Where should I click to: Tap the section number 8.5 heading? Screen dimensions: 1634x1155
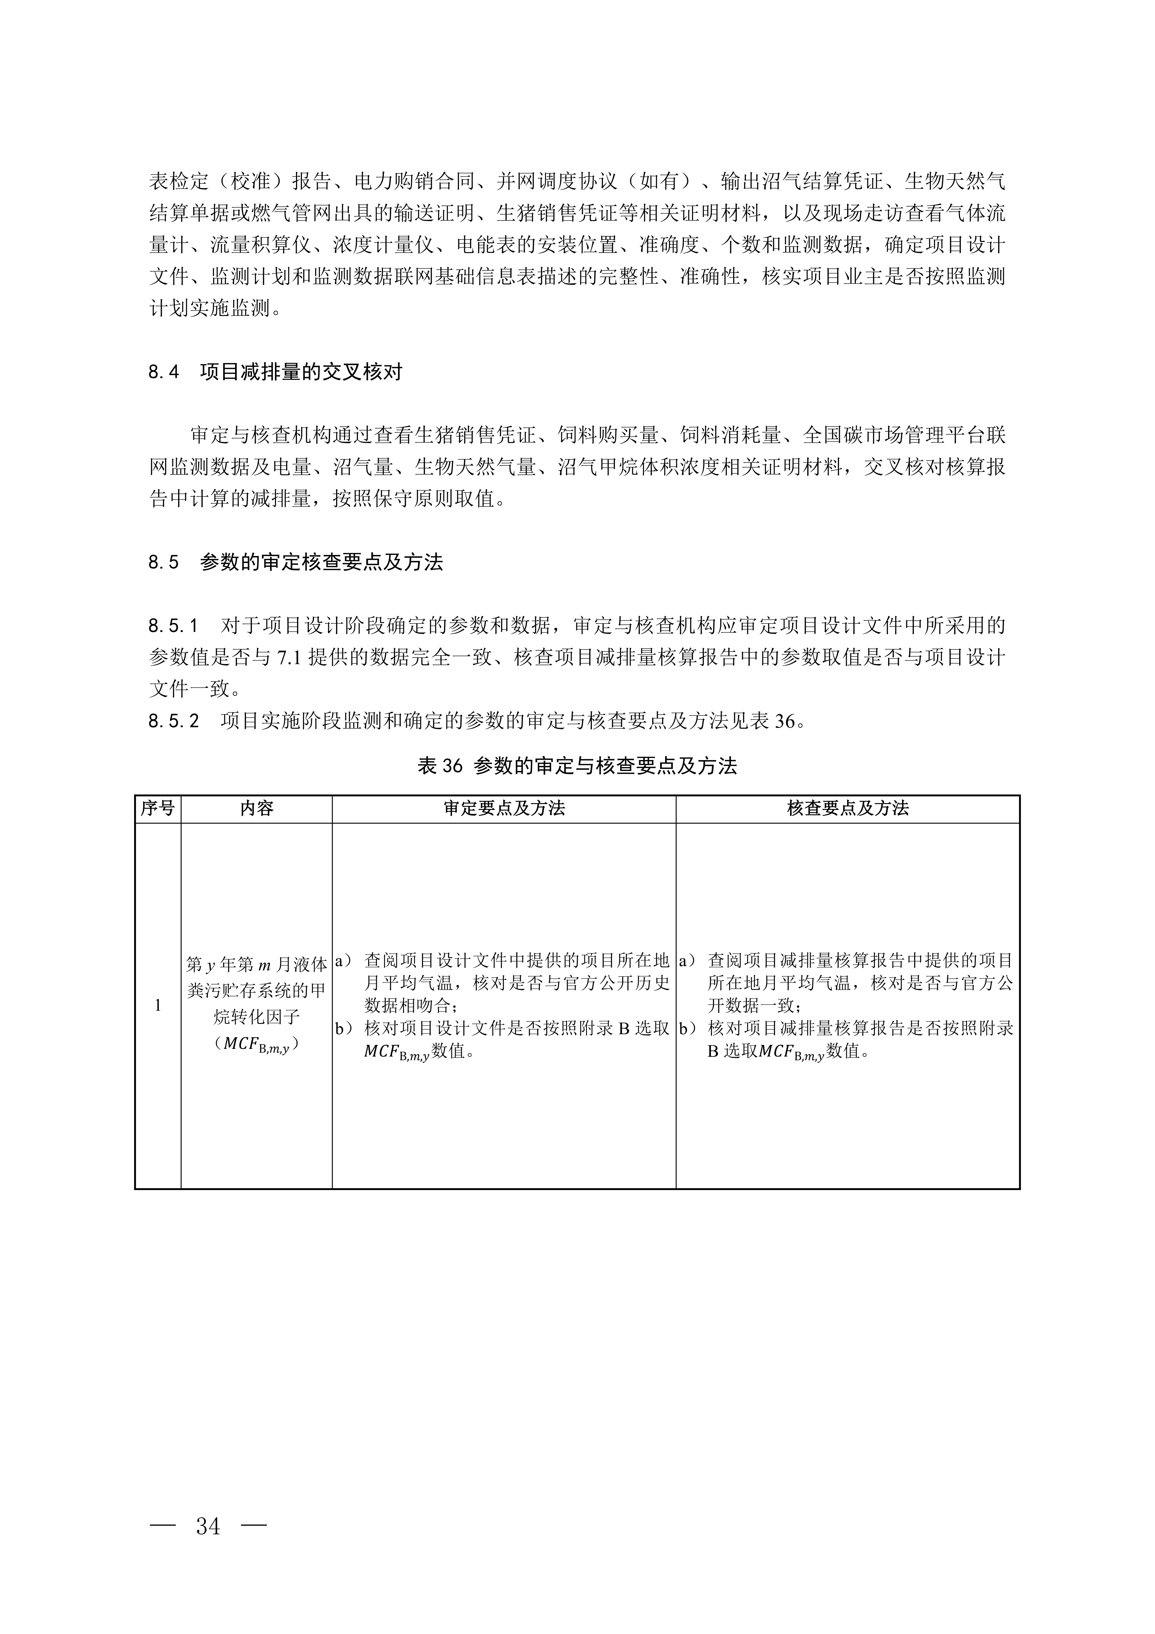pos(164,563)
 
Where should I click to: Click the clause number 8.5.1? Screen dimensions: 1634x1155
pos(173,626)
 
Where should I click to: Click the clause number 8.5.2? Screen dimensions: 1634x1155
pos(173,722)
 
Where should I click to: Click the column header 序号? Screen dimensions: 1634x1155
pos(157,808)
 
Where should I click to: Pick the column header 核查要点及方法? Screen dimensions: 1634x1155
pos(848,808)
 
